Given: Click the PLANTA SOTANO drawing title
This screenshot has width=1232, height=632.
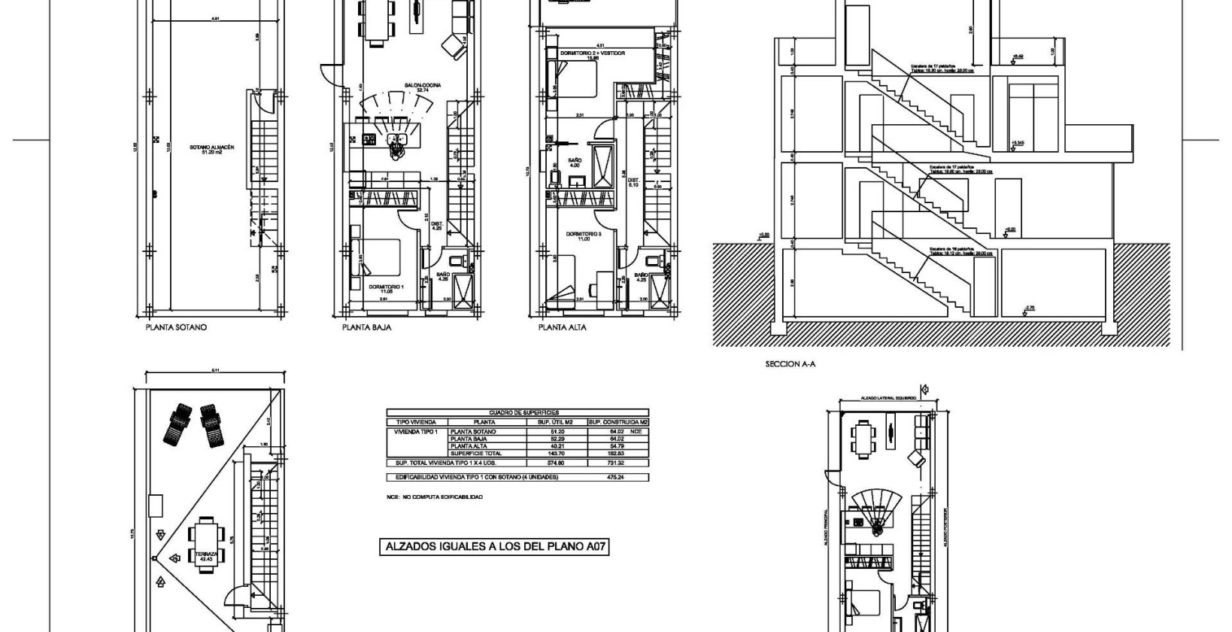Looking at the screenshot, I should [176, 327].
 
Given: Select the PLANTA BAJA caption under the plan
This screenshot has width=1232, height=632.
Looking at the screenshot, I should [366, 327].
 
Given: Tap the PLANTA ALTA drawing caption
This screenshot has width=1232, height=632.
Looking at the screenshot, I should [562, 327].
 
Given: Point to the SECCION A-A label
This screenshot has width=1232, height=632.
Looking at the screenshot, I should [790, 363].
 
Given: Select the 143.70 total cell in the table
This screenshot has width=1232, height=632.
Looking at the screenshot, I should [557, 454].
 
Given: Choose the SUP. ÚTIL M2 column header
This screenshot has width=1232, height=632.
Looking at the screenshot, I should [557, 422].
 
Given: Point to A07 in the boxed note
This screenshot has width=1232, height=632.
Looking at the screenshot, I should [594, 548].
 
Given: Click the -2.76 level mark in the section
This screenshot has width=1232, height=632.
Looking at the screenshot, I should [1030, 307].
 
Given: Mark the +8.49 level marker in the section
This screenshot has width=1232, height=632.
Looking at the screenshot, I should [1018, 56].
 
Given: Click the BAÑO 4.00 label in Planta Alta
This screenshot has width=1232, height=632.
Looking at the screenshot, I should [575, 163].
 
